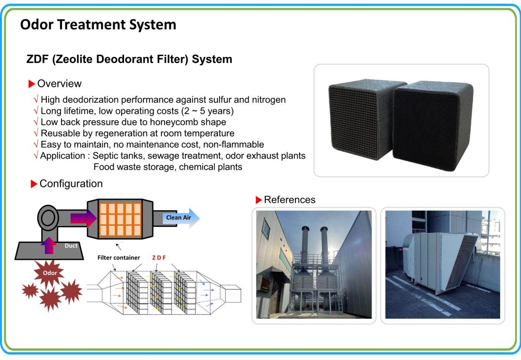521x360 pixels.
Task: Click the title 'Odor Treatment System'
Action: (x=98, y=25)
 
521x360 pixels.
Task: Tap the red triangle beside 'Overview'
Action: (x=31, y=84)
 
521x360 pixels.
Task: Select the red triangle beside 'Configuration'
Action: (x=34, y=184)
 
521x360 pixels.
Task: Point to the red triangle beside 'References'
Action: (x=259, y=200)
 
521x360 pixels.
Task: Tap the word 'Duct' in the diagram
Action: (x=71, y=246)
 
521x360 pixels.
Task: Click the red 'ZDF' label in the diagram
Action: (x=159, y=258)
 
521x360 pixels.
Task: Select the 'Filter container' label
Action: (x=119, y=258)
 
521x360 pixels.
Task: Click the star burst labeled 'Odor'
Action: (x=49, y=274)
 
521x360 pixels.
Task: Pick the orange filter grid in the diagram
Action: (x=120, y=219)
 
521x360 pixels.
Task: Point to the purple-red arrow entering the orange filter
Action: (x=83, y=218)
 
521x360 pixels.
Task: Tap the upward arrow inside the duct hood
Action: (x=49, y=245)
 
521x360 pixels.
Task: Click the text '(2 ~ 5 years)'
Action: (x=208, y=111)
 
